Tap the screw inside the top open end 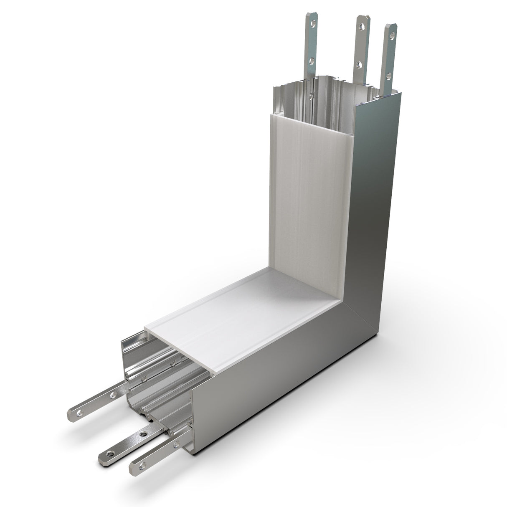tap(311, 96)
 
